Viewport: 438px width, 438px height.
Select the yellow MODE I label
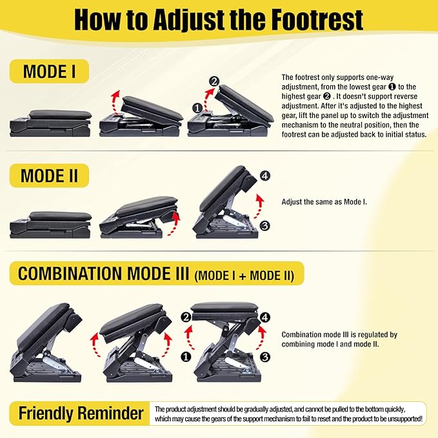[50, 71]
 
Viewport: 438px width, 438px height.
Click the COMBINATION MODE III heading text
[103, 274]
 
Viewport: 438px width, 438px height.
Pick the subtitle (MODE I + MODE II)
[244, 276]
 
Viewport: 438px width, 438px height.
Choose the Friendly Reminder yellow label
[81, 413]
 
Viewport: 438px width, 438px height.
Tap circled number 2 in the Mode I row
[214, 81]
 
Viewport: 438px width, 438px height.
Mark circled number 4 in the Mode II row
[264, 176]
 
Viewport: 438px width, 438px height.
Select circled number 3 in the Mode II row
[264, 225]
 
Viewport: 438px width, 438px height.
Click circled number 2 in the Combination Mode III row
[186, 317]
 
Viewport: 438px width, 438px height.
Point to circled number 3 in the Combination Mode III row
[265, 355]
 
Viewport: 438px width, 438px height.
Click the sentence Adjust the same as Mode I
[324, 202]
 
